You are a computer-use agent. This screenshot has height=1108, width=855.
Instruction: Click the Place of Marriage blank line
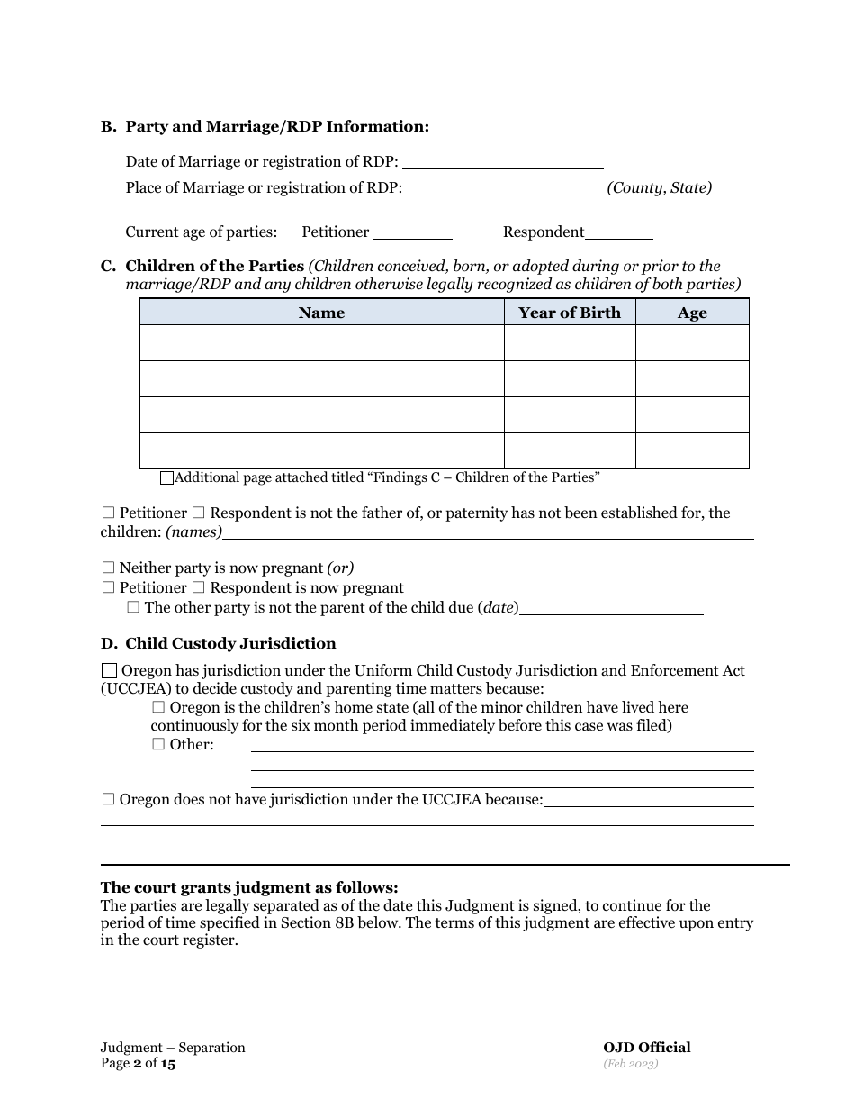[x=505, y=188]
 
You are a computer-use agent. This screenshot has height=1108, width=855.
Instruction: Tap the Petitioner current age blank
[x=412, y=232]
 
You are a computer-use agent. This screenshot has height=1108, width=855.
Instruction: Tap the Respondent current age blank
[x=619, y=232]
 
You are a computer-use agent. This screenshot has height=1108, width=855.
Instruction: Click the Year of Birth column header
[x=570, y=313]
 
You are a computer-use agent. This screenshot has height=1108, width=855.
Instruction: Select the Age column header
[x=692, y=313]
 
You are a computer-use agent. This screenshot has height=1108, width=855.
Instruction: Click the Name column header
[x=321, y=313]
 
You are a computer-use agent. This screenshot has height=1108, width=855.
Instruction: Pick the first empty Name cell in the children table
[x=321, y=343]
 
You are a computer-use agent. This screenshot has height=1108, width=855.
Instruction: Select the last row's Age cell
[x=692, y=450]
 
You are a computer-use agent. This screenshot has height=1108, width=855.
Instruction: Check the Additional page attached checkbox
[x=166, y=478]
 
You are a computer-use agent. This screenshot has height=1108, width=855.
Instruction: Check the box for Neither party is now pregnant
[x=108, y=568]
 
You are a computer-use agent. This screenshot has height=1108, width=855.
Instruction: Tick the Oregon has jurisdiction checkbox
[x=109, y=671]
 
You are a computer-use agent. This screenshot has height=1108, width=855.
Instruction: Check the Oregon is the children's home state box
[x=158, y=708]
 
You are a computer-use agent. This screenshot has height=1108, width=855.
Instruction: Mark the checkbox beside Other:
[x=158, y=744]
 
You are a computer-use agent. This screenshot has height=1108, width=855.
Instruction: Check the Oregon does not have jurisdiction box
[x=108, y=799]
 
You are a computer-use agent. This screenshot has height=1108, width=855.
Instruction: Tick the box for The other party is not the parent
[x=133, y=608]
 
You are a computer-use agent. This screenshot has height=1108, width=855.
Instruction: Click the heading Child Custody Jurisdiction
[x=230, y=643]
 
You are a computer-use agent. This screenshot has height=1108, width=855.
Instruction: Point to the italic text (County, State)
[x=660, y=188]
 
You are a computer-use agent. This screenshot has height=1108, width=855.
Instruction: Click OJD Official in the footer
[x=646, y=1048]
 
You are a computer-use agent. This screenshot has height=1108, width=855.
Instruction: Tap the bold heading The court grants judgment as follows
[x=249, y=887]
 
